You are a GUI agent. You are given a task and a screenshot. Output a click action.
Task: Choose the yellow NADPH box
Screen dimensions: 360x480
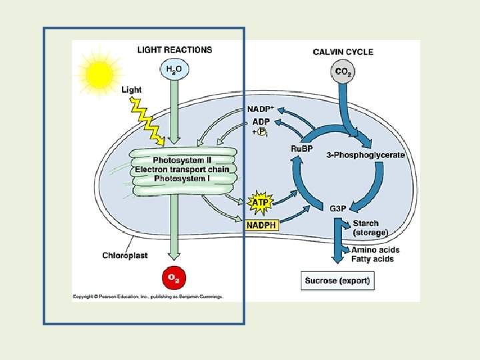(261, 225)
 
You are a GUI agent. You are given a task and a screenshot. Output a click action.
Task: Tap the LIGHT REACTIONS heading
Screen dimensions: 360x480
(175, 49)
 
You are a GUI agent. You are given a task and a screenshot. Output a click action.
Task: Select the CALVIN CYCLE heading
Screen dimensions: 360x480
(343, 52)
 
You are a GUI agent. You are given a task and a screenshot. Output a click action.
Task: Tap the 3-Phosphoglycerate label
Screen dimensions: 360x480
(365, 155)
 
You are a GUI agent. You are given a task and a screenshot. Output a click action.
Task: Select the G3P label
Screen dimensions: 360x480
(339, 209)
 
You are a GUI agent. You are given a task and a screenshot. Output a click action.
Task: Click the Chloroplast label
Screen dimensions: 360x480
(125, 255)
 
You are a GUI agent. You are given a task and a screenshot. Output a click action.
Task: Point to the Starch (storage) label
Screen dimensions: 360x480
(370, 228)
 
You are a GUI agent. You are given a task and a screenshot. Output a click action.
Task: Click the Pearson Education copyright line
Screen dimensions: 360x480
(148, 297)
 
